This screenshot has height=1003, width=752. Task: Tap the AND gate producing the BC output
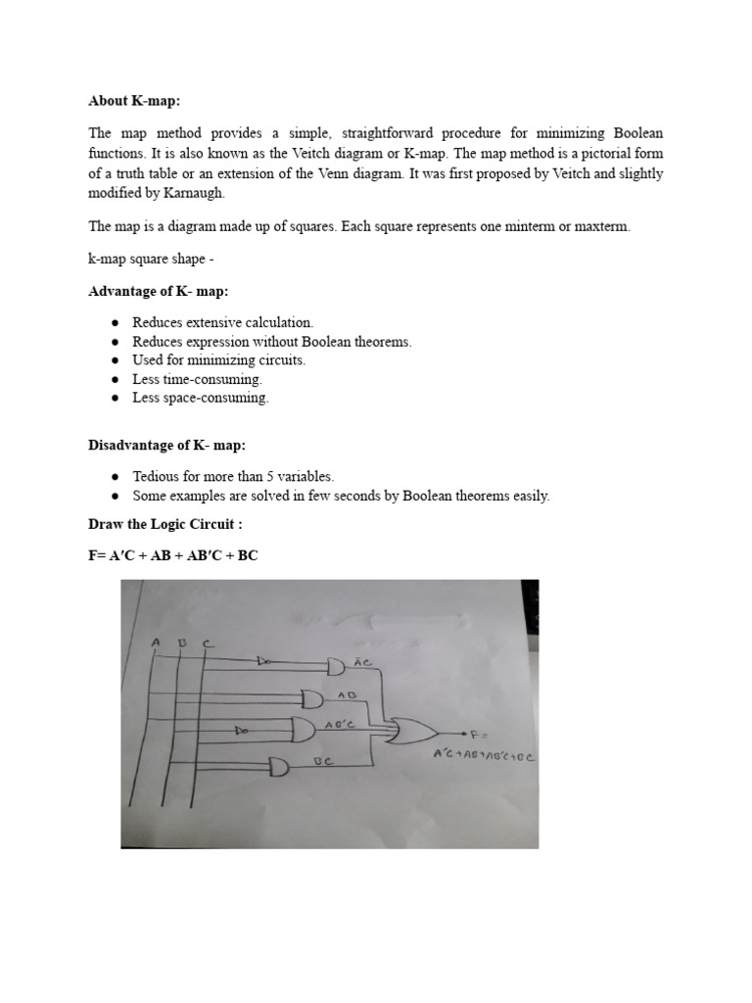280,768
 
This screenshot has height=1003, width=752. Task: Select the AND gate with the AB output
313,698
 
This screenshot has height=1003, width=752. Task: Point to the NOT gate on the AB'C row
241,731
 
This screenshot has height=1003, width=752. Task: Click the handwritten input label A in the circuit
156,642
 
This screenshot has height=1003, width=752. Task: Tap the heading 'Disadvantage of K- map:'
167,447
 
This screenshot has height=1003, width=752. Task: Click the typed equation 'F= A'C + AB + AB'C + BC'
173,555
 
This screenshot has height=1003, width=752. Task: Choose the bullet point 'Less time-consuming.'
198,379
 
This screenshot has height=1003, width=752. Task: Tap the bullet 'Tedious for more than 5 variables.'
233,476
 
